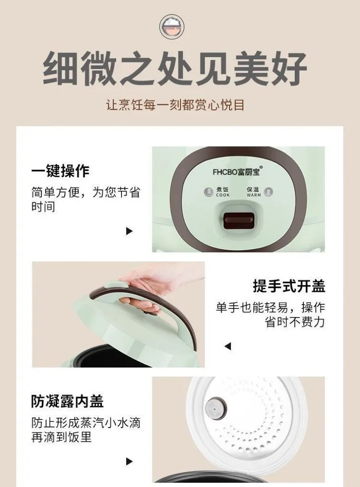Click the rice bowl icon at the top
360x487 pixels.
(x=172, y=26)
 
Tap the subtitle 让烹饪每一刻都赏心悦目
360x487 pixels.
(x=176, y=105)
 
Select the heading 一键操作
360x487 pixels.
(x=60, y=171)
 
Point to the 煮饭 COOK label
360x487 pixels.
(x=223, y=192)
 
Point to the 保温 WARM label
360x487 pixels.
(x=253, y=192)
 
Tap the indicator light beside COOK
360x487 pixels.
(x=208, y=192)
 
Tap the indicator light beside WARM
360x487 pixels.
(x=269, y=192)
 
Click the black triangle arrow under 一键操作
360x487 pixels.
(x=129, y=231)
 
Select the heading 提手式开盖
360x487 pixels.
(x=289, y=286)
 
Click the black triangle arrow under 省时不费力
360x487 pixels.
(x=228, y=346)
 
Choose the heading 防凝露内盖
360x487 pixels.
(x=67, y=401)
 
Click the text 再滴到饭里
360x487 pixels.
(x=61, y=437)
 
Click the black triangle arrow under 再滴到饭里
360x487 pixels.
(x=129, y=461)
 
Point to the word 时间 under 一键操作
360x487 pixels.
(x=43, y=207)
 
